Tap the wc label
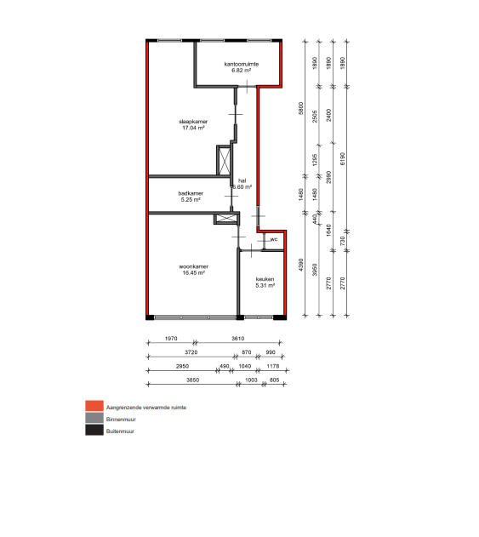[x=274, y=239]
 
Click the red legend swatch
[x=94, y=406]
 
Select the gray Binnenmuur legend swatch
[x=94, y=418]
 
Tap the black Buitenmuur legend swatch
[x=94, y=430]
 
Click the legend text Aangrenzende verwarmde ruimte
[x=146, y=408]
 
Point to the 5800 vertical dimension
[x=301, y=108]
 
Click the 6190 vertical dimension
[x=343, y=159]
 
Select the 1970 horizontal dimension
[x=171, y=339]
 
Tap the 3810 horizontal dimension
[x=238, y=339]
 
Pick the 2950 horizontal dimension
[x=182, y=366]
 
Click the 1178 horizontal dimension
[x=273, y=366]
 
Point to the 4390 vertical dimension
[x=301, y=265]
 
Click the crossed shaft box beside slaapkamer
[x=225, y=160]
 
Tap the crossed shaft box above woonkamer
[x=226, y=218]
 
